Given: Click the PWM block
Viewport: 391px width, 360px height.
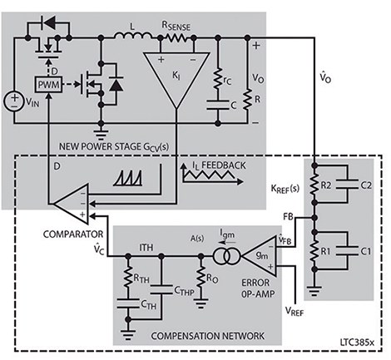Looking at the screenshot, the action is pos(48,84).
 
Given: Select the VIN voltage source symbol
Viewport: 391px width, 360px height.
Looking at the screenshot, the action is pos(14,101).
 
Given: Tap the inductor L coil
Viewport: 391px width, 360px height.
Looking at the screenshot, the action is pos(133,36).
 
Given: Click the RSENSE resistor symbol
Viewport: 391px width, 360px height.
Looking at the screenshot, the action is pos(176,37).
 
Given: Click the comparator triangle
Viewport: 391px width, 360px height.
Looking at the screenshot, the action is pos(72,204).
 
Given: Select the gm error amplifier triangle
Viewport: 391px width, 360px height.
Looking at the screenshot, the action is pos(260,256).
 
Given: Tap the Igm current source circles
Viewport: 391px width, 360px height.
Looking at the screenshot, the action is pos(226,256).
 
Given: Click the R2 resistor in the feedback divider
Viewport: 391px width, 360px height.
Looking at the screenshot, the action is pos(314,184).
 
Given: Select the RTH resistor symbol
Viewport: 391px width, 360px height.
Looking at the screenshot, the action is pos(128,277).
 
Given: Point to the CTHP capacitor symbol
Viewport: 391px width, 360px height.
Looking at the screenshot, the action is pos(161,289).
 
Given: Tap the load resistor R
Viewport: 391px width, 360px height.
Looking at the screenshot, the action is pos(247,99).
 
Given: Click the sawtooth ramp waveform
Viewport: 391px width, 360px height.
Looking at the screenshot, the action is pos(128,178).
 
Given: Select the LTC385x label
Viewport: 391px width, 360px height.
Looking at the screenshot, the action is pos(357,342).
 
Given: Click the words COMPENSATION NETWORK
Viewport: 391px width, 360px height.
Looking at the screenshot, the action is pos(207,336).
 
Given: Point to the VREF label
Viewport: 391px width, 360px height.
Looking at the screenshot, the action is pos(294,311).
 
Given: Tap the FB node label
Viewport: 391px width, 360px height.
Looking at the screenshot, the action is pos(288,216).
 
